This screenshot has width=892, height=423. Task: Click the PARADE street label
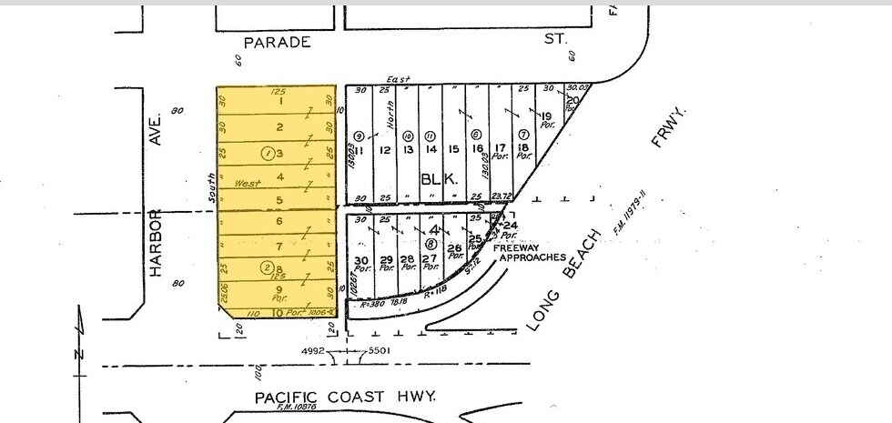(x=277, y=42)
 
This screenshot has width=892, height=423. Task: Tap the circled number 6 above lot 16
(x=476, y=135)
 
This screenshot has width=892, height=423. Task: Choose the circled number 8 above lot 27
(x=430, y=243)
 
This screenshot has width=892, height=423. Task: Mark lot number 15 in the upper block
(x=453, y=150)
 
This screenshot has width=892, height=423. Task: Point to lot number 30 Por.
(x=360, y=264)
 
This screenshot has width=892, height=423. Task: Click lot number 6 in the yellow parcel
(x=279, y=221)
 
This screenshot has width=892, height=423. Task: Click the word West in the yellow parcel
(x=247, y=183)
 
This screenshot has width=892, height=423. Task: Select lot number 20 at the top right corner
(x=573, y=100)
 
